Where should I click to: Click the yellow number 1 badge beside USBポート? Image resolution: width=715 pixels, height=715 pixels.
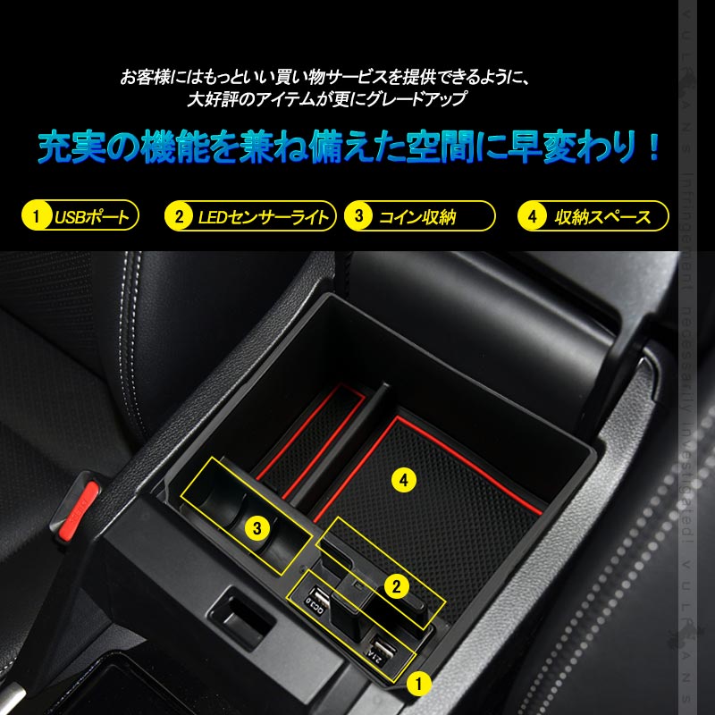coord(37,216)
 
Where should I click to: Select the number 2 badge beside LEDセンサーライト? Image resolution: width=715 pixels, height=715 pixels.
coord(179,216)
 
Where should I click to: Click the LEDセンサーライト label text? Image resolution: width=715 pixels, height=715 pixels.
coord(260,216)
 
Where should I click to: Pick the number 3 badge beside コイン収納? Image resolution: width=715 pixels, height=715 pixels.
coord(359,216)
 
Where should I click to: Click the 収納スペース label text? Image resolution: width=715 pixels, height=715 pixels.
coord(602,216)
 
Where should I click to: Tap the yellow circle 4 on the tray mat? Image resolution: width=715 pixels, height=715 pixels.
coord(404,481)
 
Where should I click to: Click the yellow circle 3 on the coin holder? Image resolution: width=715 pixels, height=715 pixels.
coord(257,528)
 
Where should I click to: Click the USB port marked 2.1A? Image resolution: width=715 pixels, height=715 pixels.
coord(383,650)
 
